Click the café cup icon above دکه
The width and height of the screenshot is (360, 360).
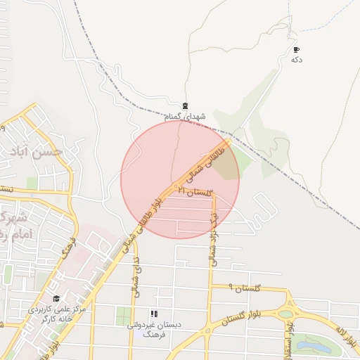point(296,50)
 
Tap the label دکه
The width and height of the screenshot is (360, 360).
point(296,60)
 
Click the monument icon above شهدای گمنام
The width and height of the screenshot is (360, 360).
point(185,106)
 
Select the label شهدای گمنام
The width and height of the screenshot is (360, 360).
point(186,116)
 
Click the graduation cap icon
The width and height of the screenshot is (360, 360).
point(56,298)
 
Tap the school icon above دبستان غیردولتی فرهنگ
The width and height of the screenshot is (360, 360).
point(153,314)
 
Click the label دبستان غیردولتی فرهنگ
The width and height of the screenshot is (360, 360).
point(153,328)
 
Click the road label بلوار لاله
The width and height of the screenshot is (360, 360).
point(347,338)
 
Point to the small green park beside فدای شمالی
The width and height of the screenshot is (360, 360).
point(123,316)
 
